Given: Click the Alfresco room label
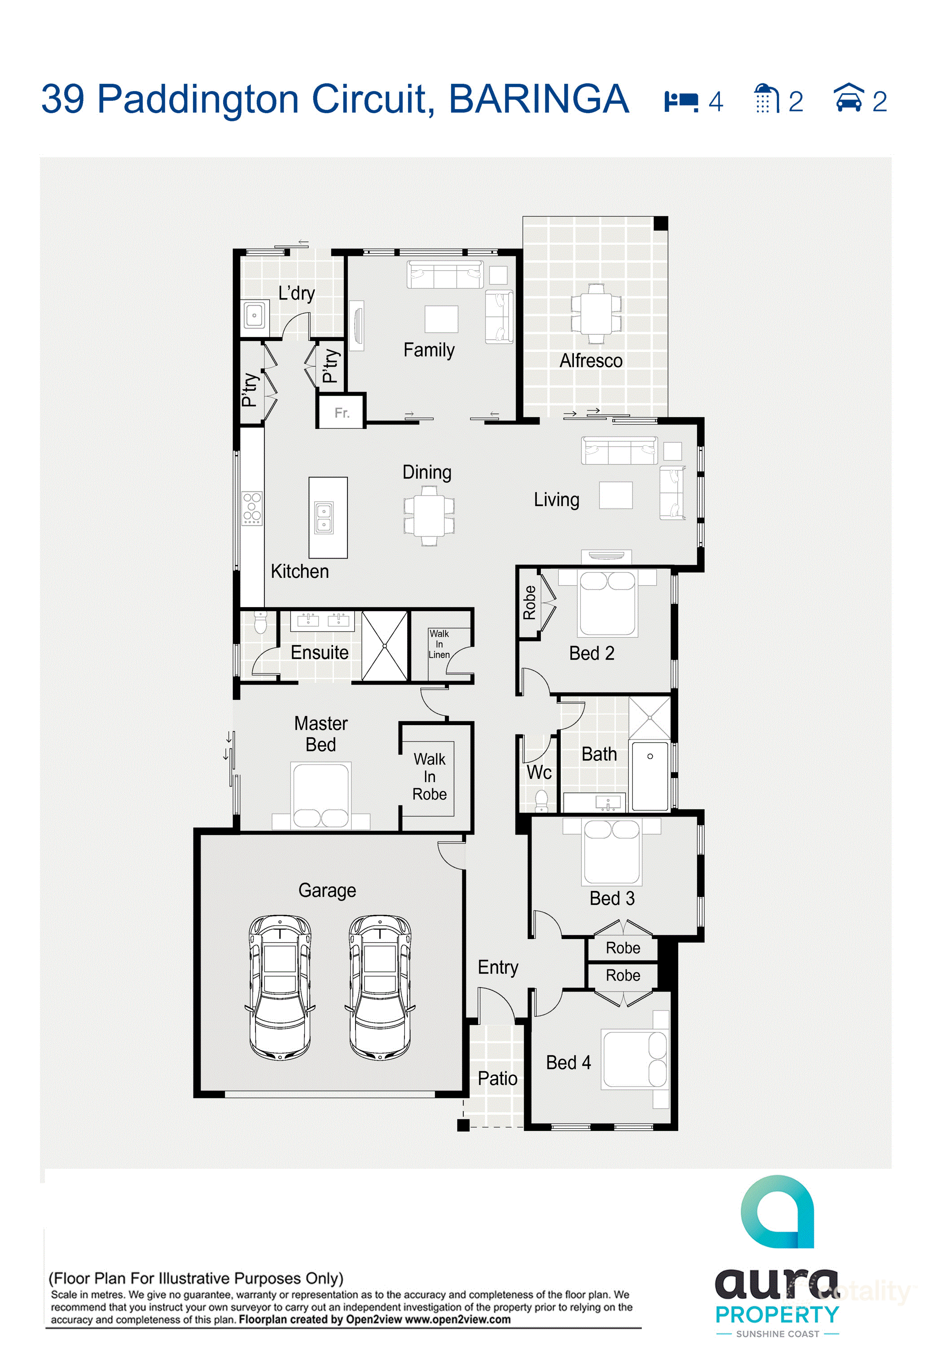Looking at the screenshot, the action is [x=591, y=361].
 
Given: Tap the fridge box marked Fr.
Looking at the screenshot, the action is [x=341, y=411].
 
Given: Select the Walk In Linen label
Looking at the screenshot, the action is [x=439, y=644].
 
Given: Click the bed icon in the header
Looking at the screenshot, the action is [x=681, y=101].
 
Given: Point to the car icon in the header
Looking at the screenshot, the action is [x=849, y=97].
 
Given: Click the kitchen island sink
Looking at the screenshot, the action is [x=324, y=518].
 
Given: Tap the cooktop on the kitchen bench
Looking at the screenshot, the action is [x=252, y=508].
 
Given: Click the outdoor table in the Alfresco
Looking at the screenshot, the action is [x=596, y=314].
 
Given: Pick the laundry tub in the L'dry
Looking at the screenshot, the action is [x=254, y=315].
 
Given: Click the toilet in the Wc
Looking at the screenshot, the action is [x=541, y=801].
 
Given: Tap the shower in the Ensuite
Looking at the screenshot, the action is [x=385, y=646].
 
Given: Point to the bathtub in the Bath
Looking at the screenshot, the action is [x=650, y=776].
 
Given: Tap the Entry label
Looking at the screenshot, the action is [x=498, y=967].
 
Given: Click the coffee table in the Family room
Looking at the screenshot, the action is [x=442, y=319].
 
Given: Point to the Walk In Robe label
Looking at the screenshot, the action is [x=429, y=776].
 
